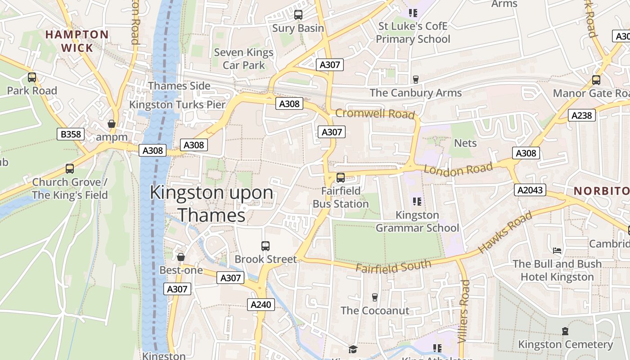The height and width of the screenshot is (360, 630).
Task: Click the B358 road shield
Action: coord(71,134)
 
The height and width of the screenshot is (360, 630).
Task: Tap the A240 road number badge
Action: coord(261,305)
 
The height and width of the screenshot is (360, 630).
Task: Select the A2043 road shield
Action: coord(530,190)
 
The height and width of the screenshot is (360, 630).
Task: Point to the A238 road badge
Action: coord(581,115)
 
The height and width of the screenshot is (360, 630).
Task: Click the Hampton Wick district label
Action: coord(77,41)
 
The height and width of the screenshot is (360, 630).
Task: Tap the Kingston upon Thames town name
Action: coord(211,203)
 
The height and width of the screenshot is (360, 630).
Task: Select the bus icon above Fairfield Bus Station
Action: coord(341,177)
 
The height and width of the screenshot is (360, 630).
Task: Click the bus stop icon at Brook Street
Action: coord(265,246)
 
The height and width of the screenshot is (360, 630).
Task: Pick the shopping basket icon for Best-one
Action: coord(181,257)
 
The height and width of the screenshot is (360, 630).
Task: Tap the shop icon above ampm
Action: coord(112,124)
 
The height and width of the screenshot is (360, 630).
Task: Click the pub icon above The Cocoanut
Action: coord(374,297)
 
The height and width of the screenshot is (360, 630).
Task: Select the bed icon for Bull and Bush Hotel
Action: coord(557,250)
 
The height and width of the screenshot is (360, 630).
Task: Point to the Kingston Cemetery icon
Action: coord(565,331)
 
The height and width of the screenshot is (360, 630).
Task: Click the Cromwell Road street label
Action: coord(374,113)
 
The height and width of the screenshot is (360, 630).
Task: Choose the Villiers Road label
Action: coord(464,311)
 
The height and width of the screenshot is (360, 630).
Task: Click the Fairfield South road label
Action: coord(393,266)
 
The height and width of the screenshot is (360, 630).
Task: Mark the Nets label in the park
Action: coord(465,143)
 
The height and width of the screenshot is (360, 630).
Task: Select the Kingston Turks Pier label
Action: coord(177,105)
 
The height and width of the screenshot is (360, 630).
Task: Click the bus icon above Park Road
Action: coord(31,77)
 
